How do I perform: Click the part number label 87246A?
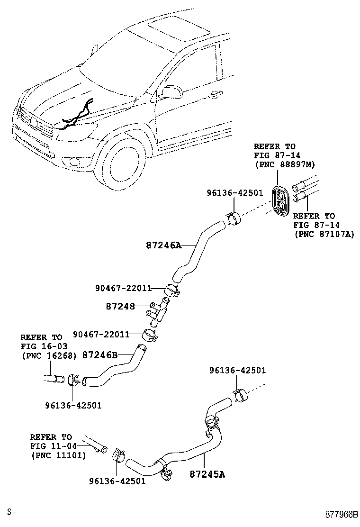click(x=163, y=245)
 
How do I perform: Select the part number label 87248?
click(x=120, y=307)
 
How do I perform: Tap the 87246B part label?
click(x=99, y=354)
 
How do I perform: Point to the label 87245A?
click(x=207, y=473)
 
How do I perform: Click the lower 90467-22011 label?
click(x=102, y=334)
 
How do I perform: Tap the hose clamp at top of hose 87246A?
click(x=233, y=218)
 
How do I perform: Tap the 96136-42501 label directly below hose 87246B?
click(x=73, y=406)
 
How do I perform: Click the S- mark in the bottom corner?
click(x=12, y=512)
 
